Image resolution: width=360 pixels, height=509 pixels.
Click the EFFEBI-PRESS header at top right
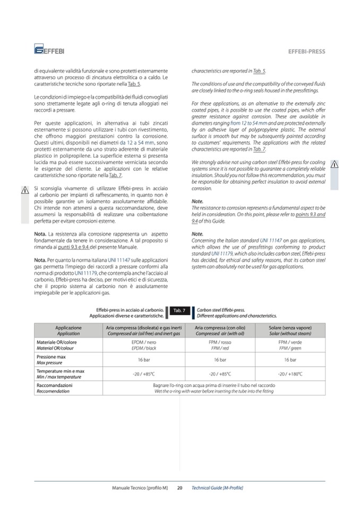306,51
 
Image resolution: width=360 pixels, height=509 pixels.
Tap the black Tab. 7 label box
179,310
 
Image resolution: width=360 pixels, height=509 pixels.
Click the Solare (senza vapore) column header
290,330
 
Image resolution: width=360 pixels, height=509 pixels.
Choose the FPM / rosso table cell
219,345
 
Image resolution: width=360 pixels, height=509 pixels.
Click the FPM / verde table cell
290,345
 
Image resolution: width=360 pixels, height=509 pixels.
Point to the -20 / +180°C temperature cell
290,374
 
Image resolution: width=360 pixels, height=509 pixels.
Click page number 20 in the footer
180,487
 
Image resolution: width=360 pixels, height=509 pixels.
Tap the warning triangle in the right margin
335,163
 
